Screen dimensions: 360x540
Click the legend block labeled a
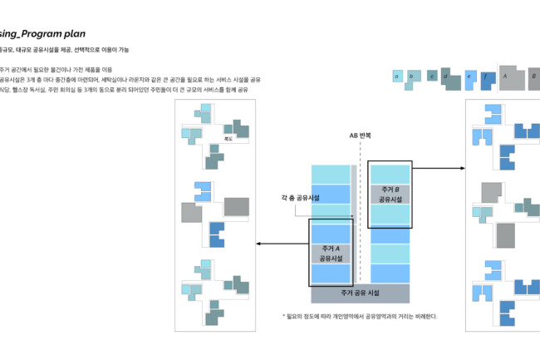397,76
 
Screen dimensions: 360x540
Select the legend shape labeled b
412,76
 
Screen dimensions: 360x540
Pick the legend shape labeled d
449,79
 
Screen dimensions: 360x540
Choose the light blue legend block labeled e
470,78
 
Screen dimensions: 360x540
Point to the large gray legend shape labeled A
510,77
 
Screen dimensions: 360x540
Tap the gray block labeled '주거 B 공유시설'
390,194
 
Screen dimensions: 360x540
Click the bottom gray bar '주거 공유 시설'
360,293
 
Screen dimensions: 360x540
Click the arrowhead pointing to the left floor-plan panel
258,244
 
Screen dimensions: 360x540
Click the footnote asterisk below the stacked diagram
284,316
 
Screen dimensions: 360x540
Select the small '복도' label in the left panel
228,141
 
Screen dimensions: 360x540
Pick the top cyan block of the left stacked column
331,174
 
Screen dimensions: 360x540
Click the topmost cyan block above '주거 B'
390,174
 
